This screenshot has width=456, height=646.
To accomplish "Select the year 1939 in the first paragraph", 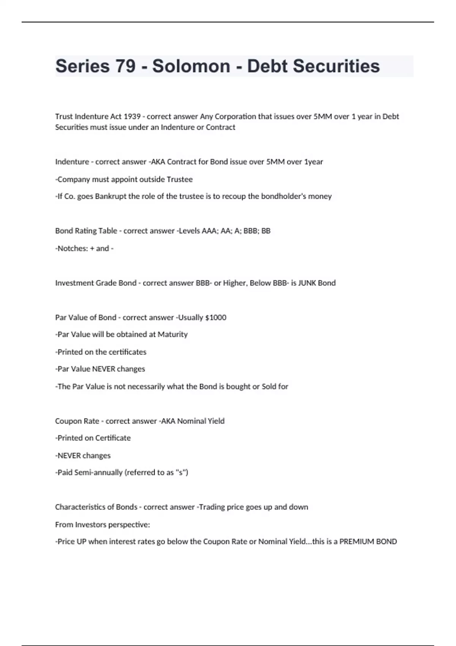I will pos(132,117).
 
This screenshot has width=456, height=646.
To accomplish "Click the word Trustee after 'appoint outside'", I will pos(180,179).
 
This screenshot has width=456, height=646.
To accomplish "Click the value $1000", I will pos(215,318).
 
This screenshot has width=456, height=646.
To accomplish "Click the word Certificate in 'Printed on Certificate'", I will pos(113,438).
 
